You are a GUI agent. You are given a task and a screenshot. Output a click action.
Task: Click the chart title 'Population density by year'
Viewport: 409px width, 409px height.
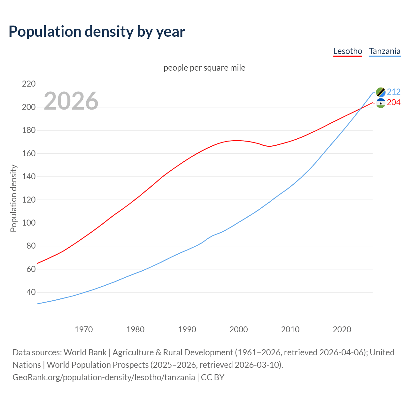click(97, 32)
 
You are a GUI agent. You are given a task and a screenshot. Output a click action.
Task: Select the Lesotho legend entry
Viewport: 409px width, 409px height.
click(348, 51)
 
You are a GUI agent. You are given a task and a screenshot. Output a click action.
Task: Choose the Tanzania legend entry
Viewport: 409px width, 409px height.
click(384, 51)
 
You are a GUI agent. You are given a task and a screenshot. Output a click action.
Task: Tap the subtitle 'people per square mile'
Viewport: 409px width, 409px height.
click(204, 68)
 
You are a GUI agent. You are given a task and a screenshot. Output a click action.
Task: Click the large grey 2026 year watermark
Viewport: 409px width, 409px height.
click(71, 101)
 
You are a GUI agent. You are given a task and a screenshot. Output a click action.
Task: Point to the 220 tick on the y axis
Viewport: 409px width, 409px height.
click(29, 84)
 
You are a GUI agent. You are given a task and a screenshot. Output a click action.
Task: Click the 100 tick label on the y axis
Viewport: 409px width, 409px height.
click(29, 223)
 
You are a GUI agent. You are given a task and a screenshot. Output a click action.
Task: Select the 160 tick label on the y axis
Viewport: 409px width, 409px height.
click(29, 153)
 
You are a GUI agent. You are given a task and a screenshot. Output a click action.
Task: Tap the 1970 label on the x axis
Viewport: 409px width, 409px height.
click(84, 329)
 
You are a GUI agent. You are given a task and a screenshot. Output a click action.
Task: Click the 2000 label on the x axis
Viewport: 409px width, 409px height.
click(239, 329)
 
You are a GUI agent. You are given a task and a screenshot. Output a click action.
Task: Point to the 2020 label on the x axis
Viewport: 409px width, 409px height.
click(342, 329)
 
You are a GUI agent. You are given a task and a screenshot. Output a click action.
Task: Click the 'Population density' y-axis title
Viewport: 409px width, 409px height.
click(13, 198)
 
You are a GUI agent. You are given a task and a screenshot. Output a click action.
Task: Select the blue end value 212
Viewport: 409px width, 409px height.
click(394, 92)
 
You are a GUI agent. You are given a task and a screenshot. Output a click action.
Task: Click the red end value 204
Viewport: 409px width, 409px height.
click(394, 103)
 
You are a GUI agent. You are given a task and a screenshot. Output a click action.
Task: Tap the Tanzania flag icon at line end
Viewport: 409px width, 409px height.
click(381, 92)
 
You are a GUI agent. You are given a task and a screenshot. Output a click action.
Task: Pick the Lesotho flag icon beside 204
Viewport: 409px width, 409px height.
click(381, 103)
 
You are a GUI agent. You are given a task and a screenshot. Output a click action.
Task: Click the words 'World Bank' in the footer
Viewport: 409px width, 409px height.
click(85, 352)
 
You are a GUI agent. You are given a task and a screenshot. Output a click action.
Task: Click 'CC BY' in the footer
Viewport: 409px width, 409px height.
click(212, 377)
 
